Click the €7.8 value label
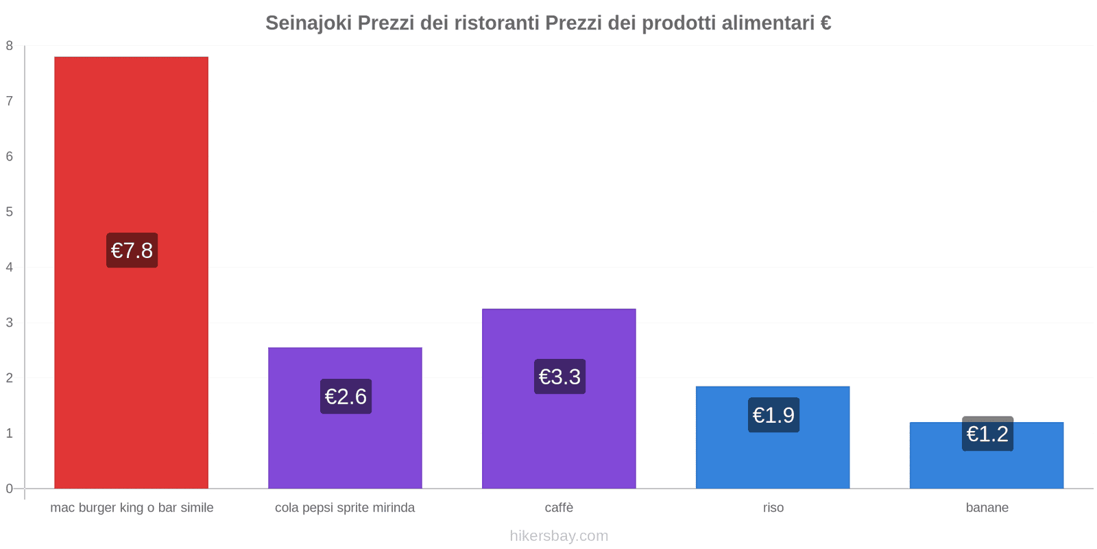click(132, 250)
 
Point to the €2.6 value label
click(346, 397)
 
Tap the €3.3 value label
click(559, 377)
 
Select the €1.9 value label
click(773, 415)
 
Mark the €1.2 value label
click(987, 434)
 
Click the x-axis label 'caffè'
click(559, 508)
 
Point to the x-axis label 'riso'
click(773, 508)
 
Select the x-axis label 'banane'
click(987, 508)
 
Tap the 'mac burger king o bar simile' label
click(132, 508)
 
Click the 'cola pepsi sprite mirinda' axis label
click(345, 508)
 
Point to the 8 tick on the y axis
click(10, 46)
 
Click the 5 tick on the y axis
click(10, 212)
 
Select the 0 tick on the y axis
click(10, 489)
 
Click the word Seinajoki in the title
click(309, 23)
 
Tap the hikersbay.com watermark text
click(559, 536)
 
